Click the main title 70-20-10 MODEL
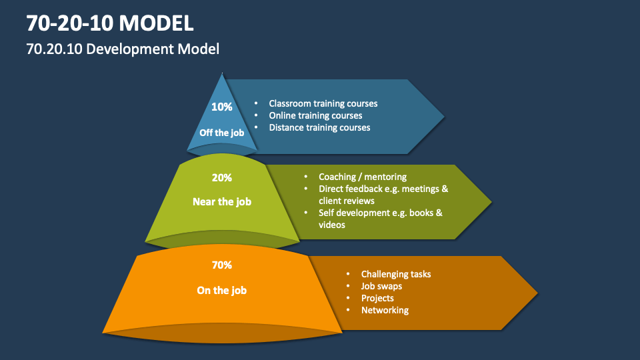pyautogui.click(x=111, y=23)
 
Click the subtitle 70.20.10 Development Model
pyautogui.click(x=123, y=49)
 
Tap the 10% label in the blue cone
pyautogui.click(x=221, y=107)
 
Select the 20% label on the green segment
pyautogui.click(x=221, y=178)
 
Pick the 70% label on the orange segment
pyautogui.click(x=221, y=265)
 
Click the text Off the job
pyautogui.click(x=221, y=133)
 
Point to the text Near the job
pyautogui.click(x=221, y=201)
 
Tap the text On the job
pyautogui.click(x=221, y=290)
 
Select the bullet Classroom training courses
pyautogui.click(x=323, y=103)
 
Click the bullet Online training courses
pyautogui.click(x=315, y=115)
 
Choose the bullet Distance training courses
pyautogui.click(x=319, y=127)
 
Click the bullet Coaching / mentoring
pyautogui.click(x=362, y=177)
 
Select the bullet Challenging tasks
pyautogui.click(x=396, y=274)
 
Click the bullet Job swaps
pyautogui.click(x=381, y=286)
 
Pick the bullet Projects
pyautogui.click(x=377, y=298)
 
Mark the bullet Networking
pyautogui.click(x=385, y=310)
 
